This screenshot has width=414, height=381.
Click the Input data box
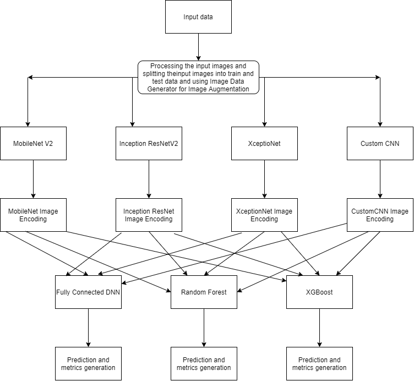coord(198,17)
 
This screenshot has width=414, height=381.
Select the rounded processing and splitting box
coord(198,77)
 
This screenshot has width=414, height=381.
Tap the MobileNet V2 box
coord(33,144)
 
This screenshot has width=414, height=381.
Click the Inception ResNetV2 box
coord(149,144)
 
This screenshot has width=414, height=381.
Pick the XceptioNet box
coord(264,144)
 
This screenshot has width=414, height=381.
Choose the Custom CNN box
coord(380,144)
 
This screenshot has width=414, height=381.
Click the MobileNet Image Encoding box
coord(33,215)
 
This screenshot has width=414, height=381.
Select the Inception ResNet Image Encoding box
coord(149,215)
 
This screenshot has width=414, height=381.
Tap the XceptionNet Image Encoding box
coord(264,215)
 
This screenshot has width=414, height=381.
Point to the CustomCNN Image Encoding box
coord(380,215)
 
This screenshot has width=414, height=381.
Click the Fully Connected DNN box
coord(88,292)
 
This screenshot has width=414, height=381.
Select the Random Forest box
coord(204,292)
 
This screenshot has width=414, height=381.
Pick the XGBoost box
coord(319,292)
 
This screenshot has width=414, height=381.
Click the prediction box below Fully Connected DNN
coord(88,363)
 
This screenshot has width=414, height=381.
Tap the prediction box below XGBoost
coord(319,363)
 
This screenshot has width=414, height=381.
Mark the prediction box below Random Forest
coord(204,363)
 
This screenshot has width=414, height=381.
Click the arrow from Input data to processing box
coord(198,47)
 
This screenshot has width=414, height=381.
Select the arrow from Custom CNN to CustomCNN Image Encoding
coord(380,179)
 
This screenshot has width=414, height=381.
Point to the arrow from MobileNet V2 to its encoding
coord(33,179)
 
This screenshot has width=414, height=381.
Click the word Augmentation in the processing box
coord(228,89)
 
